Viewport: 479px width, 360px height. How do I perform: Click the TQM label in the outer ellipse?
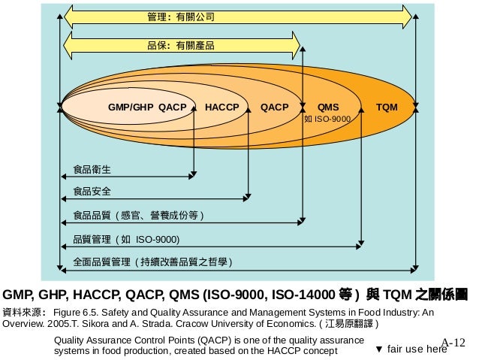(387, 107)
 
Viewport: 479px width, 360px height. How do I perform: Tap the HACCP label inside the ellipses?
(221, 107)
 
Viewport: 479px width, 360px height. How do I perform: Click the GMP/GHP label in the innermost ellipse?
(131, 107)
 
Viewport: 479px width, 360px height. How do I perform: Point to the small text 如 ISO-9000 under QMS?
(327, 119)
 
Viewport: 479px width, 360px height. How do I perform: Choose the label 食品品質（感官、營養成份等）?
(137, 216)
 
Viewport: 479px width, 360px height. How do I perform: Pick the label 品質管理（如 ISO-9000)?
(126, 239)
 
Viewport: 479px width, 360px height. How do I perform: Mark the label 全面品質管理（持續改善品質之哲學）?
(152, 262)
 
